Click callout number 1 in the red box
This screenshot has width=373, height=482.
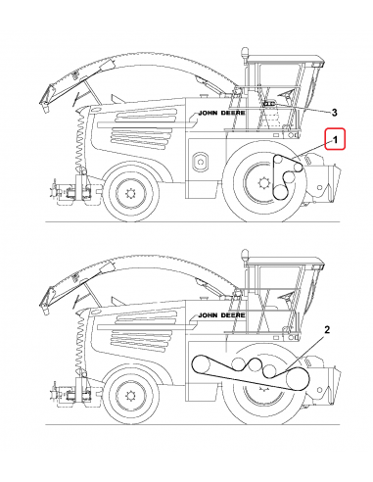pos(335,140)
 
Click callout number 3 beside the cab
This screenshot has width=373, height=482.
pos(334,113)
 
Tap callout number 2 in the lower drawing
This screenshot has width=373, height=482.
pos(327,329)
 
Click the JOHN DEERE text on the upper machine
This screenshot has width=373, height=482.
pos(222,113)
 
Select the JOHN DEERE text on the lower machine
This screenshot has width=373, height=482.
pos(222,315)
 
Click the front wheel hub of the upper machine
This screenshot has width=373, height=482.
pos(262,183)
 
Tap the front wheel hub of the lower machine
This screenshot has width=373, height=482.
pos(262,388)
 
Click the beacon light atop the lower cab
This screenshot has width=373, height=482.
pos(244,256)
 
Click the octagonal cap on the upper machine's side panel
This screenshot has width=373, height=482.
pos(200,162)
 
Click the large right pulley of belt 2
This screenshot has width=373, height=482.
pos(297,379)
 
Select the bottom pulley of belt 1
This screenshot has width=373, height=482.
pos(280,191)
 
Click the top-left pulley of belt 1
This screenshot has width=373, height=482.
pos(278,160)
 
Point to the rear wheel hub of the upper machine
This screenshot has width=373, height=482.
pos(130,194)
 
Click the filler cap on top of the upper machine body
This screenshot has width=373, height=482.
pos(205,96)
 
